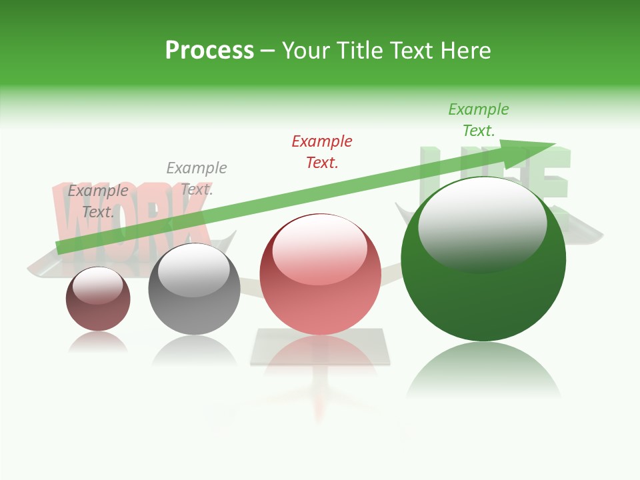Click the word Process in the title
209,51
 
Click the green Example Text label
478,120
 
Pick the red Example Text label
322,151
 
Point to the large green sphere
483,293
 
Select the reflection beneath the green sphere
483,373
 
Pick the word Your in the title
305,51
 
